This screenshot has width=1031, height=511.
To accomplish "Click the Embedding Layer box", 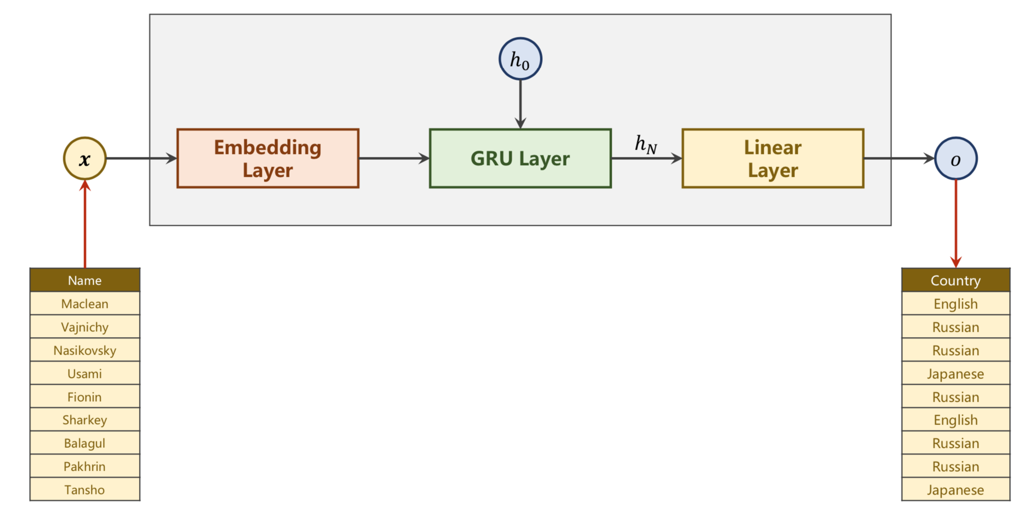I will click(268, 158).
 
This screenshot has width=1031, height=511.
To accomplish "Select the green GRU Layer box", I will click(520, 158).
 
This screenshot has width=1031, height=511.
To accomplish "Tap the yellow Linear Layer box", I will click(773, 158).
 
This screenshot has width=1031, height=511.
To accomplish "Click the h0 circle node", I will click(520, 59).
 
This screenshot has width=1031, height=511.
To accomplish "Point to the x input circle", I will click(85, 158).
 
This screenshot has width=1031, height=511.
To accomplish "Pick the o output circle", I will click(955, 158).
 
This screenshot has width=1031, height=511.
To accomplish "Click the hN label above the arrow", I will click(646, 144).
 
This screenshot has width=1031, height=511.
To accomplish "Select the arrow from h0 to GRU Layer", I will click(520, 104).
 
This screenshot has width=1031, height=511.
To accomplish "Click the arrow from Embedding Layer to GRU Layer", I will click(394, 158).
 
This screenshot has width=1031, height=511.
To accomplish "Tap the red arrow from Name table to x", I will click(85, 223).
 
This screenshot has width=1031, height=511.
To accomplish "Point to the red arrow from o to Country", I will click(955, 223).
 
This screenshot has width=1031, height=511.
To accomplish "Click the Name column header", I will click(85, 280).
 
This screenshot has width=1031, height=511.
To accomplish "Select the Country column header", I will click(955, 280).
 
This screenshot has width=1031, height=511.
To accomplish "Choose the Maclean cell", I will click(85, 304).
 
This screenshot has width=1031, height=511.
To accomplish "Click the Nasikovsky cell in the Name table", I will click(85, 350).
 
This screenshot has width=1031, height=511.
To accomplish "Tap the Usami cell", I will click(85, 374).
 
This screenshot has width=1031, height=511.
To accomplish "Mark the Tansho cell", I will click(85, 490).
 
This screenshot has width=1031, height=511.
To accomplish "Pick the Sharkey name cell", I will click(85, 420).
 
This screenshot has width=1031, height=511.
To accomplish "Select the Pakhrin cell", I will click(85, 466).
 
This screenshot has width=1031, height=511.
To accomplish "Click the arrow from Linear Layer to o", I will click(899, 158).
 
